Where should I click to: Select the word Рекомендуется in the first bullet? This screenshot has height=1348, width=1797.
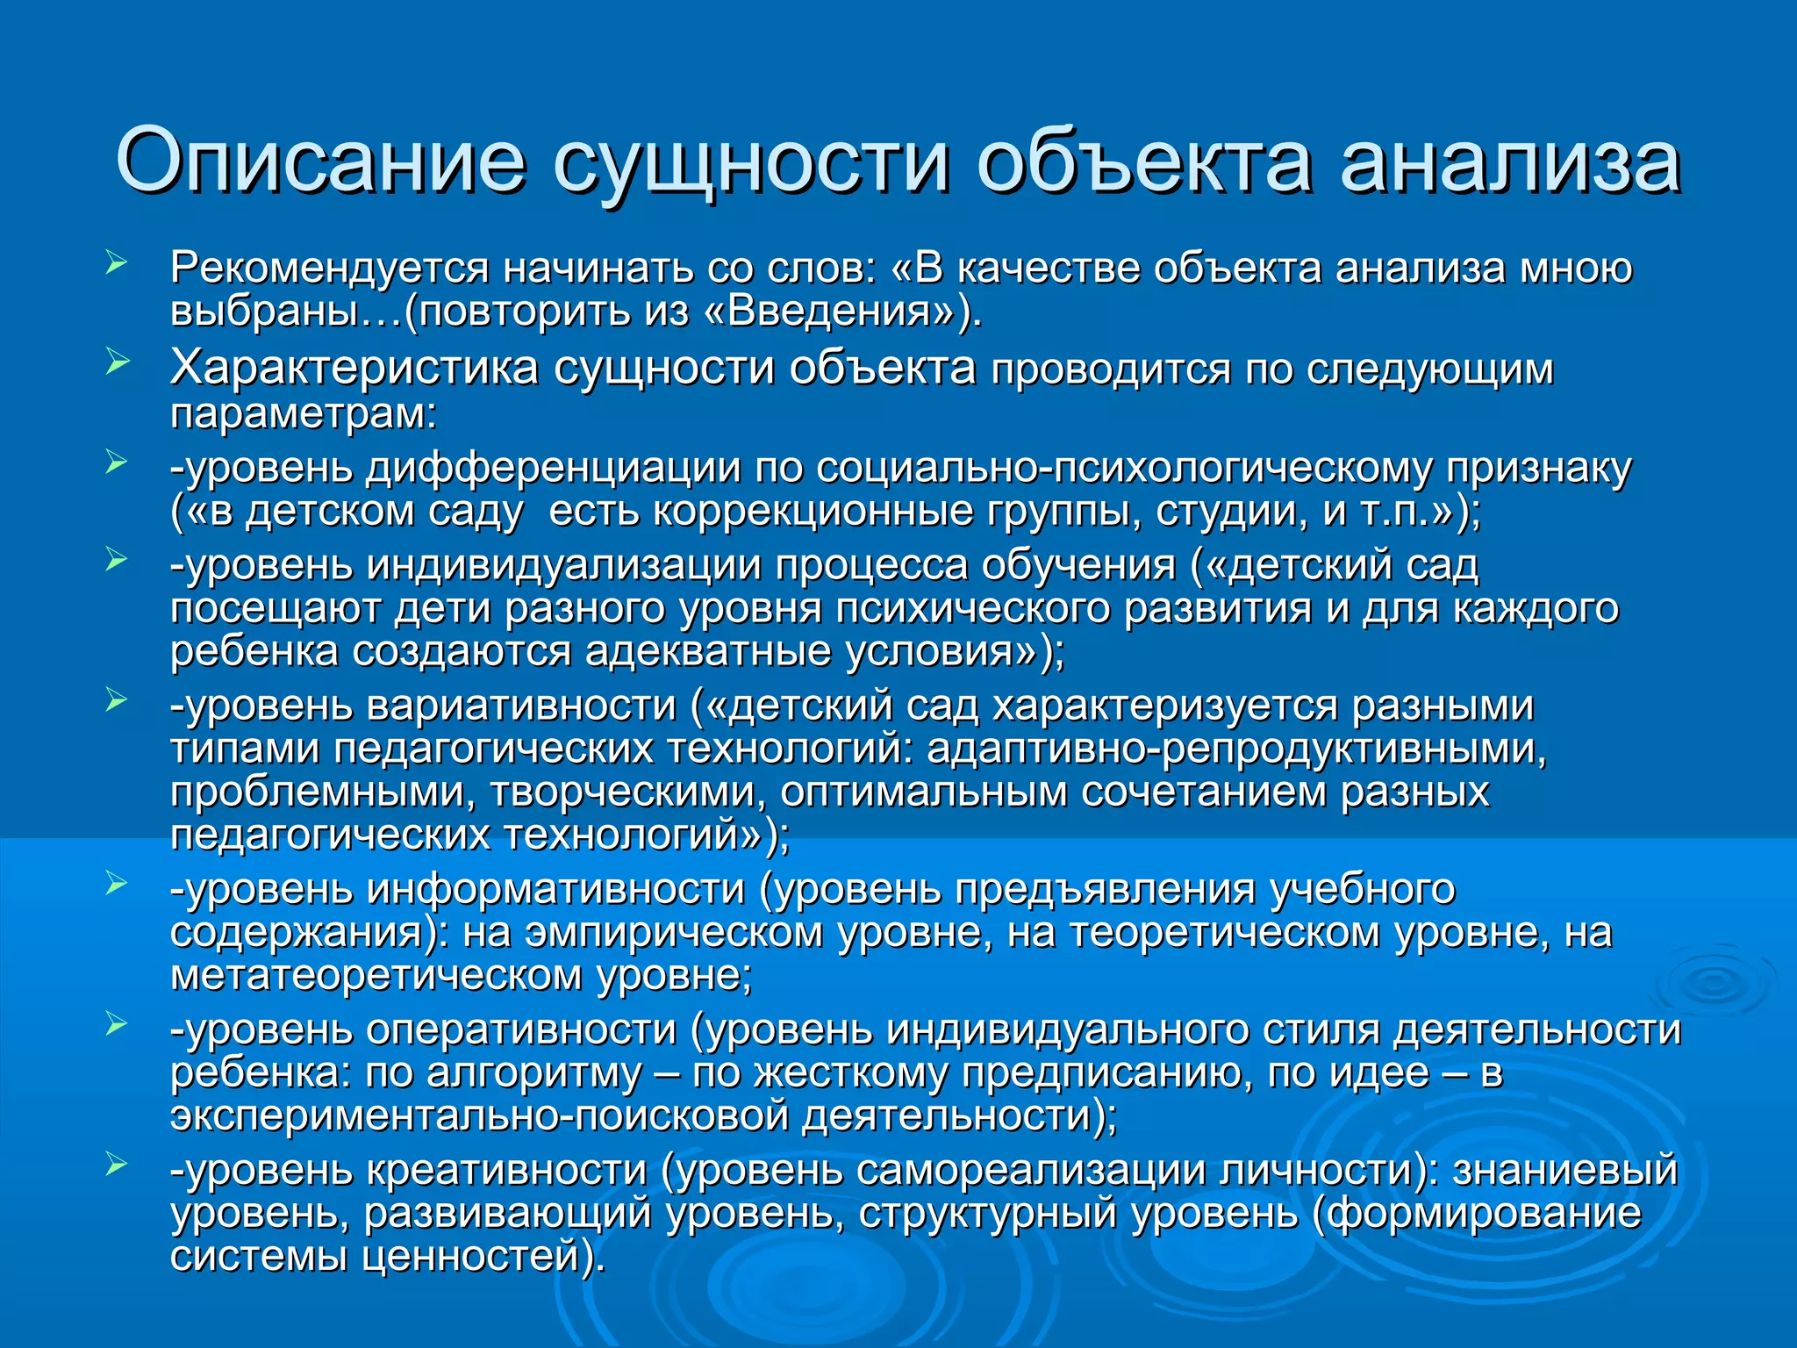(x=329, y=268)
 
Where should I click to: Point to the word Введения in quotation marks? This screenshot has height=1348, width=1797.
(x=828, y=312)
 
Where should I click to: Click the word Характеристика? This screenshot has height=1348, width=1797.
(x=354, y=368)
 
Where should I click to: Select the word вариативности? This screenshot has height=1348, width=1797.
(x=521, y=706)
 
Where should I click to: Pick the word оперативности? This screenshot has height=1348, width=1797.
(x=521, y=1030)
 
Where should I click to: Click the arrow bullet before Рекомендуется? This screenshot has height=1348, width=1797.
(x=117, y=262)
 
